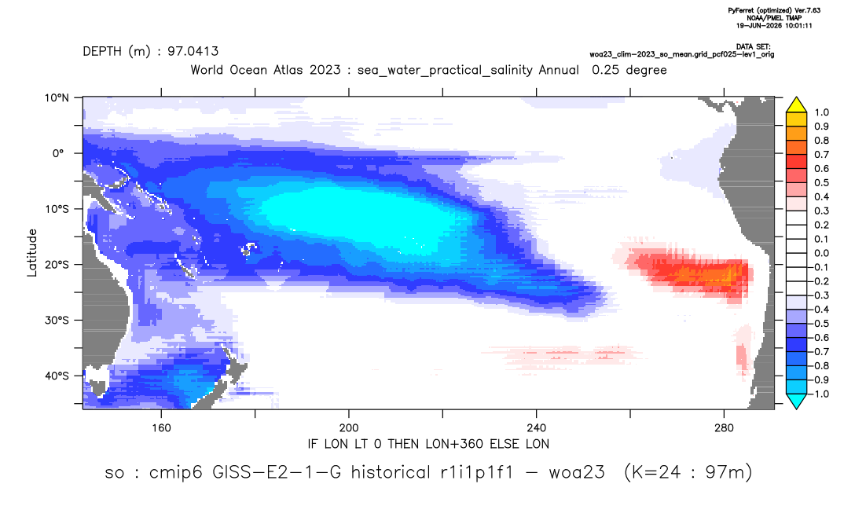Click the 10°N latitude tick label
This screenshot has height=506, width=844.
point(57,98)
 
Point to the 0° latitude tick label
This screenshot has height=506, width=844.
point(58,153)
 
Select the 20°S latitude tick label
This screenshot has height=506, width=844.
point(57,265)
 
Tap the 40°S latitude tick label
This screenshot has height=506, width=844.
point(57,376)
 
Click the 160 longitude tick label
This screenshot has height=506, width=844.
point(161,428)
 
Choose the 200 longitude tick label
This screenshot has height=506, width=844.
point(349,428)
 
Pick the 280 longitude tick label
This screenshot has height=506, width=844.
point(724,428)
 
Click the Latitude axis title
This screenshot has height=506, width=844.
point(32,253)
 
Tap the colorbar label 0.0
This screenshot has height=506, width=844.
point(821,254)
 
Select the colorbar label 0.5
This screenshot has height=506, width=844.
point(821,183)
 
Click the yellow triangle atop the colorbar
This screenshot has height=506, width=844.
point(797,104)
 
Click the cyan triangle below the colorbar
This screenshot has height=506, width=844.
point(797,401)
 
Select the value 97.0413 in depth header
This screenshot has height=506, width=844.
point(193,52)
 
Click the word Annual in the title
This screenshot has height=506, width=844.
point(559,70)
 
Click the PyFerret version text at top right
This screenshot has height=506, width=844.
point(774,10)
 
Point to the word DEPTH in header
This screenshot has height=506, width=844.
point(102,52)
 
